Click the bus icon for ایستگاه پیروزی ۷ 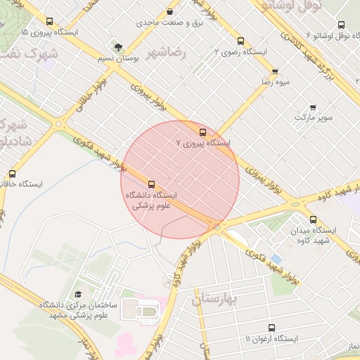(x=203, y=131)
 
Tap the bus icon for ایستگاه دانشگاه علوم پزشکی (x=151, y=184)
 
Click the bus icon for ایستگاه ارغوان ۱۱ (x=273, y=328)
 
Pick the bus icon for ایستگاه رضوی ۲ (x=241, y=41)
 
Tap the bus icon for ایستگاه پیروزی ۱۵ (x=49, y=21)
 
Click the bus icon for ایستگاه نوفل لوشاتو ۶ (x=342, y=25)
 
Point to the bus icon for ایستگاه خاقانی (x=12, y=174)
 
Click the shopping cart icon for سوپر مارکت (x=313, y=108)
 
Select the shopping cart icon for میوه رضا (x=274, y=71)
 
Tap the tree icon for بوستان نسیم (x=117, y=46)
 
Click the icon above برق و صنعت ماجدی (x=170, y=12)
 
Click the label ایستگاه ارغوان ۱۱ (x=271, y=339)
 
